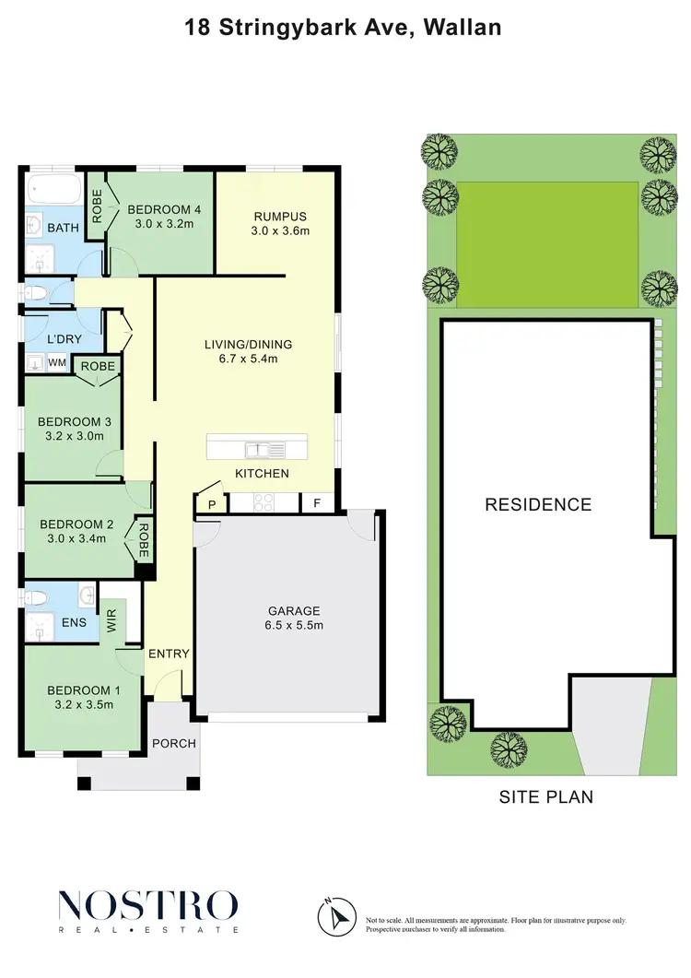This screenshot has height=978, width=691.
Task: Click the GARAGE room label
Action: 294,610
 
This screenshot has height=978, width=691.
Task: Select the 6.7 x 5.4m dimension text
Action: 240,359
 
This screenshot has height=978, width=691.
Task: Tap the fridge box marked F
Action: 317,504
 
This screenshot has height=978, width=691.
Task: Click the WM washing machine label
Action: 56,364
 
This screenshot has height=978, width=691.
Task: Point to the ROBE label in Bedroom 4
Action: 97,206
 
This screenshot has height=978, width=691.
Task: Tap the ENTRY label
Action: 169,654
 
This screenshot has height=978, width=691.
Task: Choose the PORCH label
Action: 173,743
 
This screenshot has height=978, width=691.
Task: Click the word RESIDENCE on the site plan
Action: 538,504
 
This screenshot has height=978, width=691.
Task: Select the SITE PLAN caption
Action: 546,796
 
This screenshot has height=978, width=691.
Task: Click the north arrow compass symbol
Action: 335,916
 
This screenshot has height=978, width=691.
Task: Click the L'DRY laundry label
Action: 64,339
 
